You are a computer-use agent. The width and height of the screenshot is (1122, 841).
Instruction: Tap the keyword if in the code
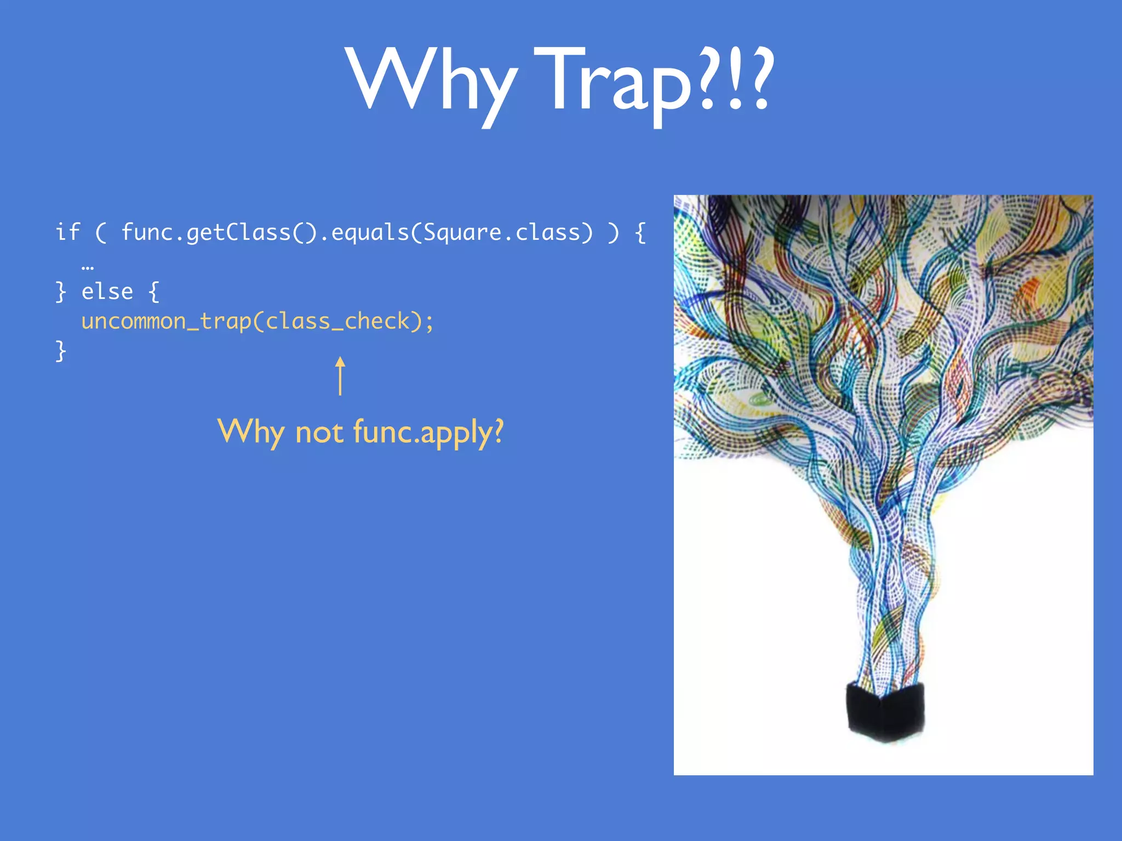[68, 232]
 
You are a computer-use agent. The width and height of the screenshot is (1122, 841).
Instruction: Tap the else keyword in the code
[107, 291]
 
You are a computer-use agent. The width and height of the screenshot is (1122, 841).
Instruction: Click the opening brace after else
[154, 292]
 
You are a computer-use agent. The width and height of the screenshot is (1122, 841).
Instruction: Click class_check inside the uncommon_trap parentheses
[337, 321]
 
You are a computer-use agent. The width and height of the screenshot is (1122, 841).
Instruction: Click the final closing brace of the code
[61, 351]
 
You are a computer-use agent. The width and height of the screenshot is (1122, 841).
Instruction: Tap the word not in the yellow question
[319, 433]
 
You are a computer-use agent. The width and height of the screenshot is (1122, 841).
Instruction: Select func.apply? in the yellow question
[428, 433]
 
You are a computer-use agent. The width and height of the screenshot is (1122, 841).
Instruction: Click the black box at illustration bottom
[885, 712]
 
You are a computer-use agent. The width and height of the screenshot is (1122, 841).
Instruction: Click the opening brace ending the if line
[640, 233]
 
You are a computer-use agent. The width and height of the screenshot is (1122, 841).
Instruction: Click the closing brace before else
[61, 292]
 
